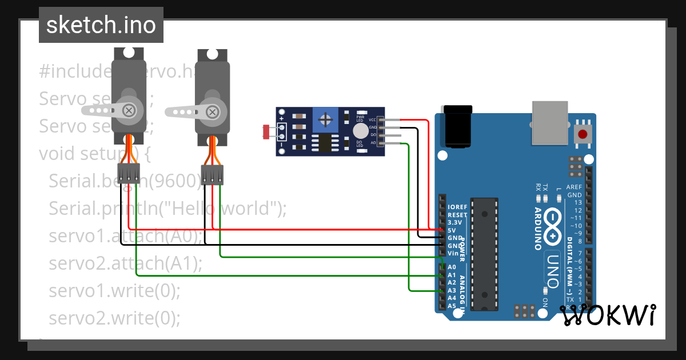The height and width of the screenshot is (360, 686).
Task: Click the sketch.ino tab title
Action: click(x=101, y=25)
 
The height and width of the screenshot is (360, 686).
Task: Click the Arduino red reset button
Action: click(x=583, y=135)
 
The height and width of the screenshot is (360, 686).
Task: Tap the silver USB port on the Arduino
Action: click(x=550, y=122)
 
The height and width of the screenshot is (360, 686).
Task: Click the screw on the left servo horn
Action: click(x=130, y=110)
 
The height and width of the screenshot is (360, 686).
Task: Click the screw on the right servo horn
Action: click(x=213, y=111)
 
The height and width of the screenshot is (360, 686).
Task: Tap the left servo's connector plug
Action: click(x=129, y=173)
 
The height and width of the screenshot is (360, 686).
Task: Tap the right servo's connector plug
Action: click(x=212, y=175)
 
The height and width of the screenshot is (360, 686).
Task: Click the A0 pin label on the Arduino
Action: click(x=452, y=267)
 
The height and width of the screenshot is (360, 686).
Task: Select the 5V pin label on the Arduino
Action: click(x=451, y=230)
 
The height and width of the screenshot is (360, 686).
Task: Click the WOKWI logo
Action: click(x=607, y=315)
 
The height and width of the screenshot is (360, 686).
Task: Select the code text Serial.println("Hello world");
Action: click(x=167, y=209)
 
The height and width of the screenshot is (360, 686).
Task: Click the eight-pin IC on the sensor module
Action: click(x=324, y=143)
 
